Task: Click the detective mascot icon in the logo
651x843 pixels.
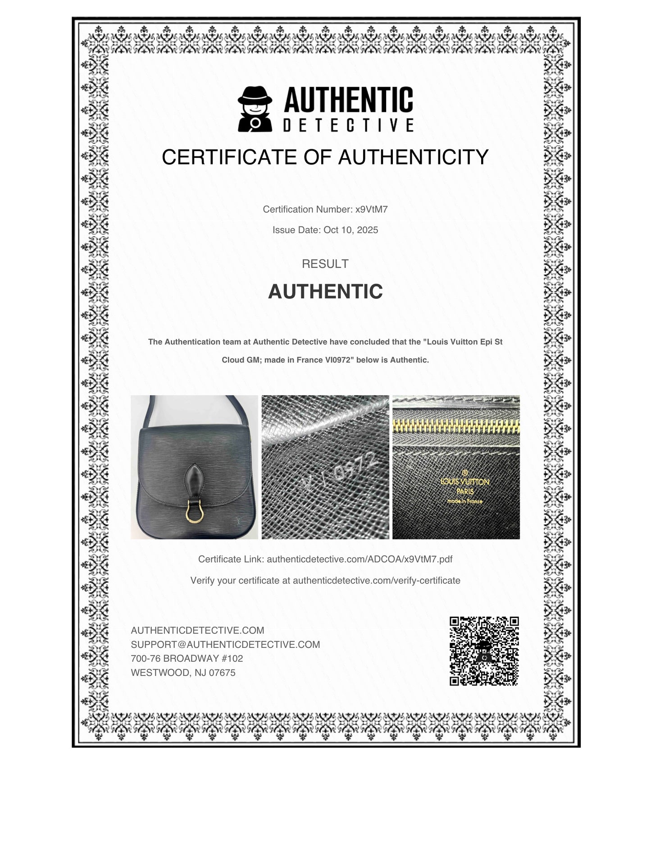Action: [255, 109]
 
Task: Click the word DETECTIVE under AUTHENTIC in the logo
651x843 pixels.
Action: [348, 125]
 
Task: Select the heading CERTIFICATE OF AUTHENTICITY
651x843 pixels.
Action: [325, 157]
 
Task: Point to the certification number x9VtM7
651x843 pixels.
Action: [372, 209]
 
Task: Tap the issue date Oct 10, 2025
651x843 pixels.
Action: [351, 230]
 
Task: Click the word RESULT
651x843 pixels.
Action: [325, 264]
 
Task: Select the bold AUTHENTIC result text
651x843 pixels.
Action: [325, 292]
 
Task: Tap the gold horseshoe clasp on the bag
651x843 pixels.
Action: [195, 513]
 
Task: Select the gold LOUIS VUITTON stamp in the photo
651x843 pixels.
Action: [464, 482]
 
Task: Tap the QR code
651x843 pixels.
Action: [484, 651]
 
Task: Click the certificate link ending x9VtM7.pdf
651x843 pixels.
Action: [359, 559]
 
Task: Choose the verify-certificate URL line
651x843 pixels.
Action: [376, 581]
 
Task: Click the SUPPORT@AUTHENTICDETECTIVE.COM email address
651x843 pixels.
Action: [225, 645]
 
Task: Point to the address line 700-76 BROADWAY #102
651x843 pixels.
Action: [187, 659]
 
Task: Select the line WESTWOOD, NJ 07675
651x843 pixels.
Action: [183, 673]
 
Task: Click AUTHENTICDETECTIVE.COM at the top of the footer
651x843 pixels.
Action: [197, 630]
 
